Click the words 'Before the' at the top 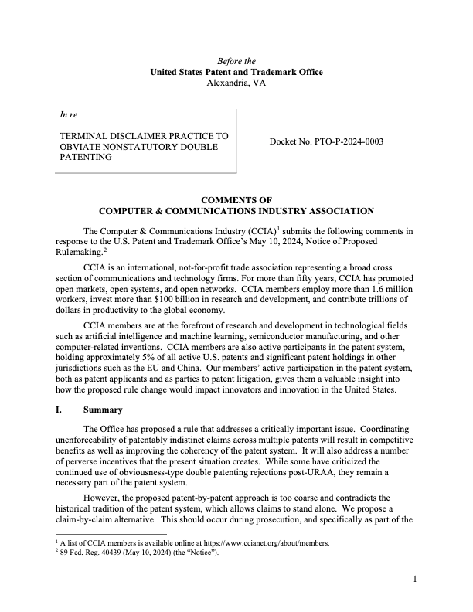[236, 61]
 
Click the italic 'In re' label [69, 115]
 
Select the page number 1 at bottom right [415, 578]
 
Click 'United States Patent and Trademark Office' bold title [236, 72]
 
